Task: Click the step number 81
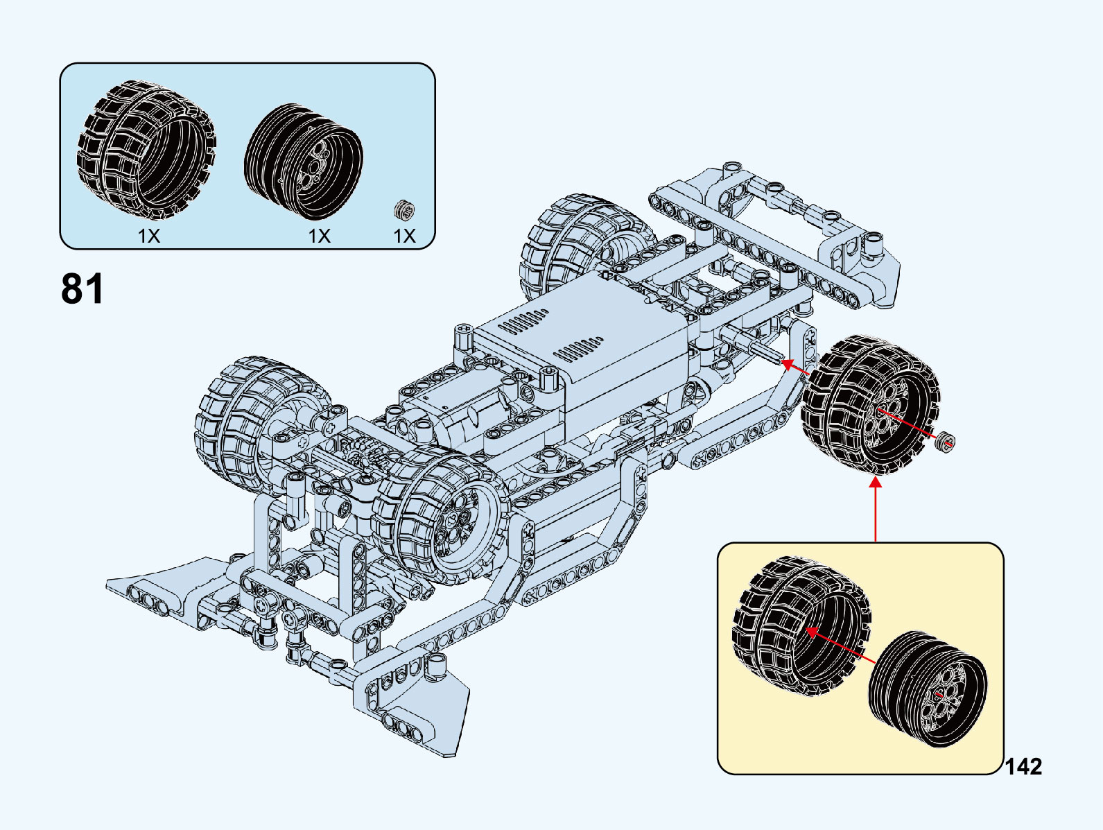point(82,288)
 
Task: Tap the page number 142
point(1023,766)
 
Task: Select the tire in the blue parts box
point(146,150)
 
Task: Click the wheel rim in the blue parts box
point(304,162)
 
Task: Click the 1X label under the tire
point(148,236)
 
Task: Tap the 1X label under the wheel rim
point(319,236)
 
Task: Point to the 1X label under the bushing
point(404,236)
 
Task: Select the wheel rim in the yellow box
point(928,689)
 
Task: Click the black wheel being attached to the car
point(869,405)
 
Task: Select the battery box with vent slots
point(582,343)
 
